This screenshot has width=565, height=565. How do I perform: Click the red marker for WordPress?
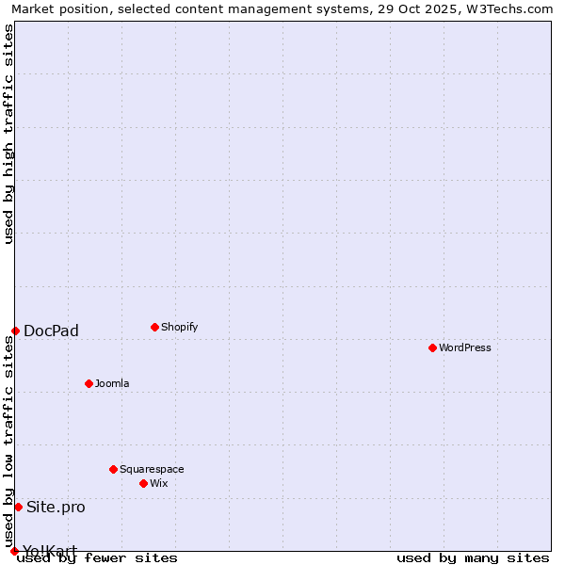tap(432, 347)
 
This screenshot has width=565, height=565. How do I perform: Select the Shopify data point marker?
tap(154, 327)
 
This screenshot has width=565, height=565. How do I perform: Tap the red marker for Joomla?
tap(89, 383)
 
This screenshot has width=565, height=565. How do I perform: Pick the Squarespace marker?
tap(113, 469)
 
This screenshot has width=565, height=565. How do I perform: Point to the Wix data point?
tap(143, 483)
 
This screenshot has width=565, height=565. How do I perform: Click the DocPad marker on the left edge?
tap(15, 331)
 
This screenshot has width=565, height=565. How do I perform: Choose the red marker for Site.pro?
tap(18, 507)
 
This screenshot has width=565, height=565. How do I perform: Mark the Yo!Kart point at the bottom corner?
tap(14, 551)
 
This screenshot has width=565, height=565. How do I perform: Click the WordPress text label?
tap(465, 347)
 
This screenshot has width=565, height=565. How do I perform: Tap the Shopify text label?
tap(179, 327)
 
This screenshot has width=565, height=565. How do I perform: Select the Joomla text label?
tap(112, 383)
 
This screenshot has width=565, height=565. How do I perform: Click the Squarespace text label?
tap(152, 469)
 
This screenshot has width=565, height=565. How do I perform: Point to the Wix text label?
tap(158, 483)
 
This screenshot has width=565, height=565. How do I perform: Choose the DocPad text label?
tap(51, 331)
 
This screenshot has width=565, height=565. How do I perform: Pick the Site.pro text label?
tap(56, 507)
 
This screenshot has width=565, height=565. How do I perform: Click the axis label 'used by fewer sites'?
tap(97, 557)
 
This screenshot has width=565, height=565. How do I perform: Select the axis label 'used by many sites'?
tap(473, 557)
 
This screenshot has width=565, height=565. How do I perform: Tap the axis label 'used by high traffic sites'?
tap(8, 135)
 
